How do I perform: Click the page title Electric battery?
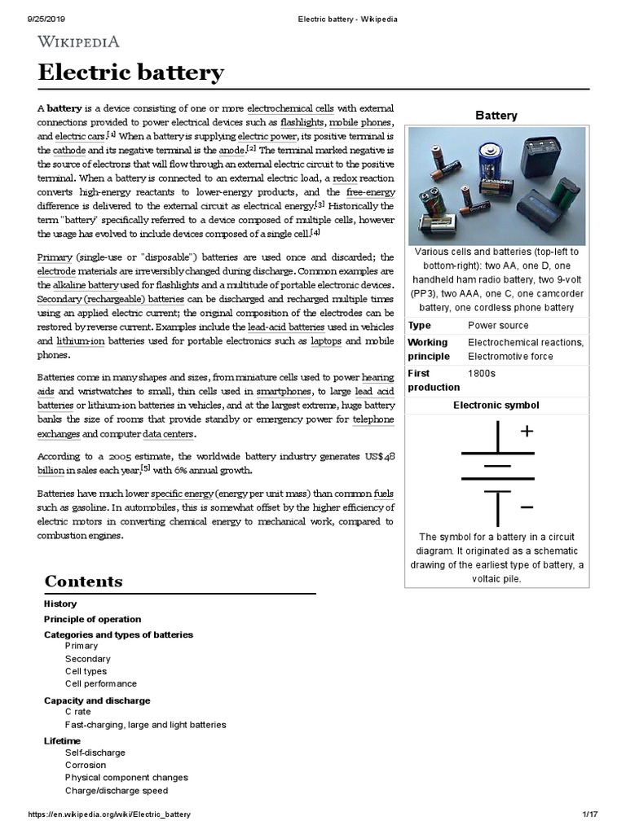[130, 73]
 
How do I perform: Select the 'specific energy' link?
[183, 494]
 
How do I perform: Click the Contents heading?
[84, 582]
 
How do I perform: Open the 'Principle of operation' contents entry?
[92, 619]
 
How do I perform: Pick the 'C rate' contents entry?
[78, 712]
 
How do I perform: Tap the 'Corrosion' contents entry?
[86, 766]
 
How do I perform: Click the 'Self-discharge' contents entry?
[95, 753]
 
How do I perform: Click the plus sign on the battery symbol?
[527, 432]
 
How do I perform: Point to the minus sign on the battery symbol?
[527, 507]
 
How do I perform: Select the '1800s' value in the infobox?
[482, 373]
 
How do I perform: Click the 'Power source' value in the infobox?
[498, 326]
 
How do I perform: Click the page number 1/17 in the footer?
[590, 814]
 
